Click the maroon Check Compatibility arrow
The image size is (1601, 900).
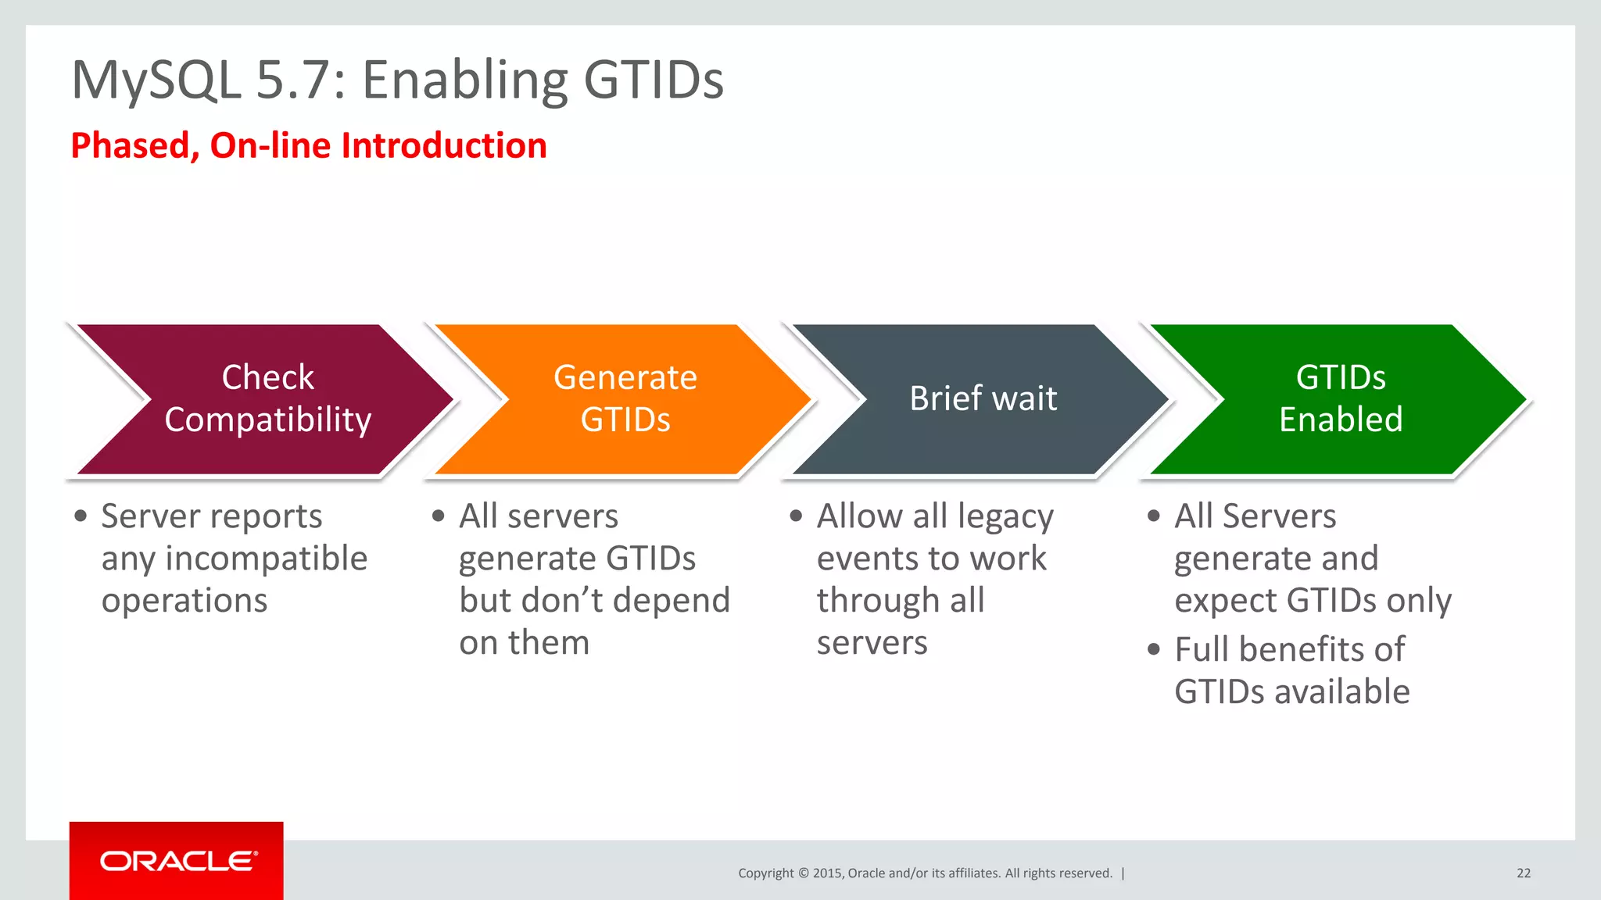(266, 398)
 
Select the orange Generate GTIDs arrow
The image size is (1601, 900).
(625, 398)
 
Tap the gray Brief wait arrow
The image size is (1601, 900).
(983, 398)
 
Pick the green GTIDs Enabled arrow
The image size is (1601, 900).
(1341, 398)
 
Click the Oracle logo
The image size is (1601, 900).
(177, 861)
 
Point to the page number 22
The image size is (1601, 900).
(1523, 873)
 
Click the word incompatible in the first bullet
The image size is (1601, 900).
(266, 559)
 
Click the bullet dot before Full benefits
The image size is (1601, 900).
(1154, 649)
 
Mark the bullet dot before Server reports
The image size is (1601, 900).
(81, 516)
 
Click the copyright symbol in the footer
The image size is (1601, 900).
(803, 873)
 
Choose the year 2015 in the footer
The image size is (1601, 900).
(826, 873)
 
